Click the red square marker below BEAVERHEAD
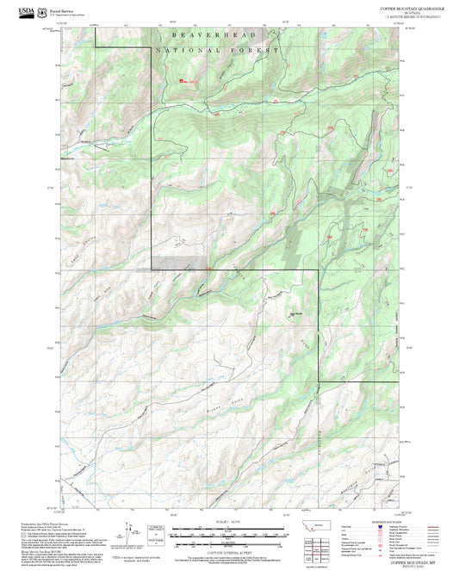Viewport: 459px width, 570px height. click(x=180, y=82)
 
